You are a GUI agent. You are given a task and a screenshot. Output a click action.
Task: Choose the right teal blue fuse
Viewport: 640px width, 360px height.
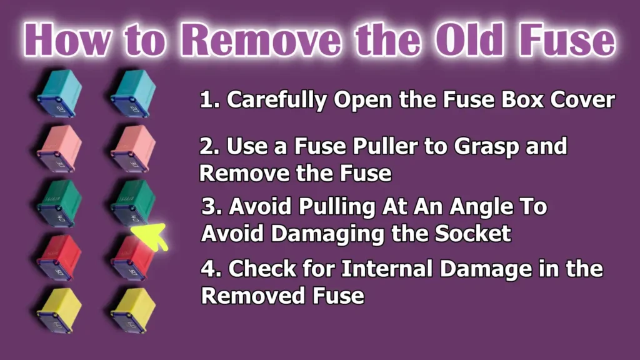tap(132, 94)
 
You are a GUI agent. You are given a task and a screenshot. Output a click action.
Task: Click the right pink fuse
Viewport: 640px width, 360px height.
tap(132, 149)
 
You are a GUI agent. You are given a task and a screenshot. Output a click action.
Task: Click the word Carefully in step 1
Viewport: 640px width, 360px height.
tap(276, 100)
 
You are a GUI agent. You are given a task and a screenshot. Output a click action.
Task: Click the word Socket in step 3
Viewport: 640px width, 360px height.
tap(472, 233)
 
